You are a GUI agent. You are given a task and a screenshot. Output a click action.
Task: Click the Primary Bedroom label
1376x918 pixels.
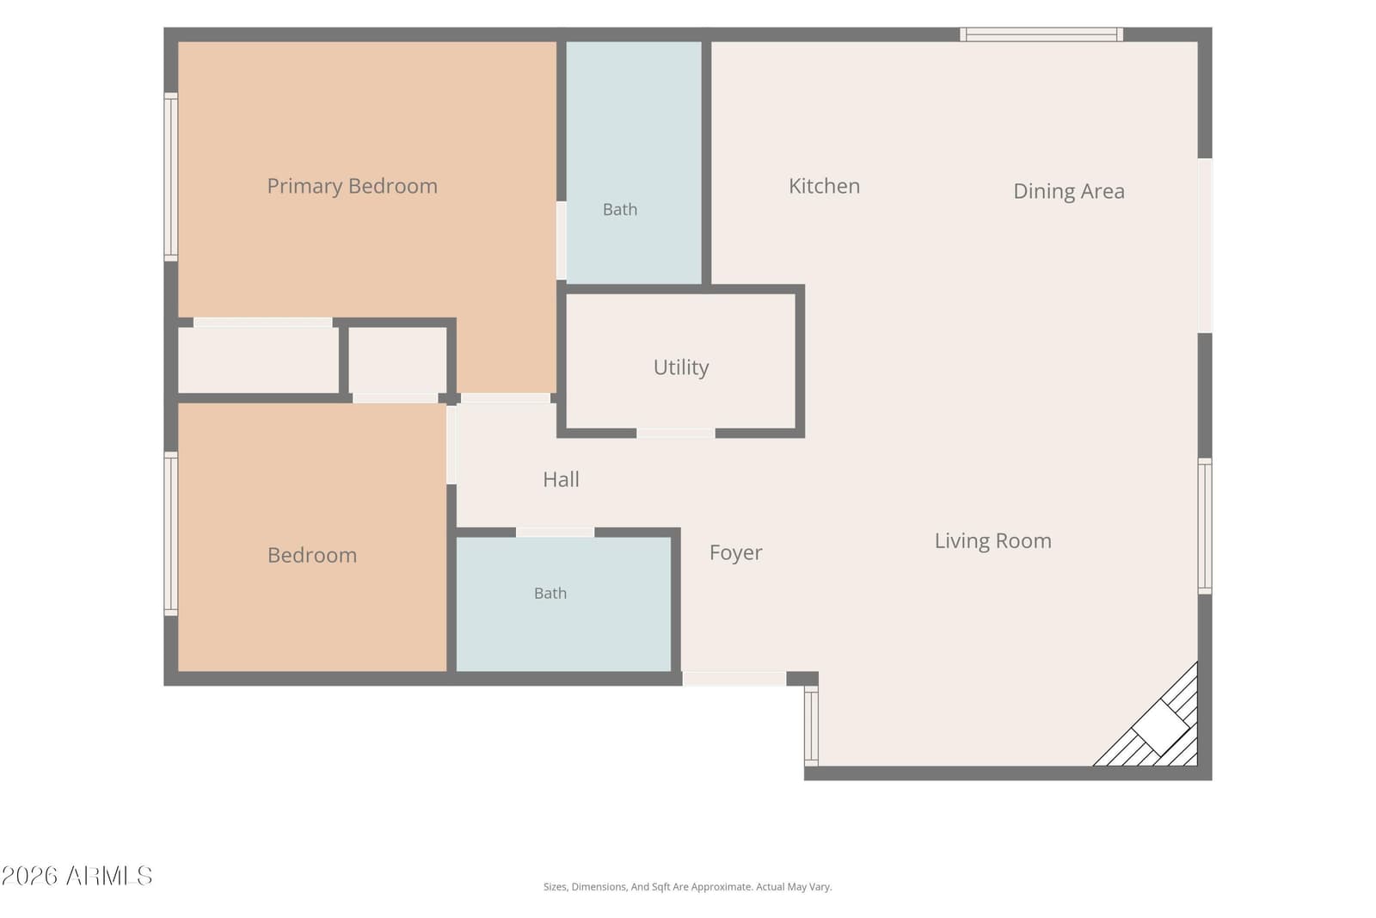pyautogui.click(x=352, y=186)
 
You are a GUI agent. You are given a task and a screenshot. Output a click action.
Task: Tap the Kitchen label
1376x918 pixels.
pyautogui.click(x=824, y=186)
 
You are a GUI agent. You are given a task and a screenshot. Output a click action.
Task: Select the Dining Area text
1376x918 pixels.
pyautogui.click(x=1069, y=191)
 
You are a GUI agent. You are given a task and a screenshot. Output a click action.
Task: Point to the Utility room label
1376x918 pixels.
pyautogui.click(x=680, y=367)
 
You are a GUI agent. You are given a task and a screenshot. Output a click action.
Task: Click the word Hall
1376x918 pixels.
pyautogui.click(x=561, y=479)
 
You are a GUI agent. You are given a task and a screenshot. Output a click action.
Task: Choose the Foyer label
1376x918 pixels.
pyautogui.click(x=735, y=552)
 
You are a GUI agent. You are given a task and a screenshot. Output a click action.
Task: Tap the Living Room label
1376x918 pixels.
pyautogui.click(x=992, y=540)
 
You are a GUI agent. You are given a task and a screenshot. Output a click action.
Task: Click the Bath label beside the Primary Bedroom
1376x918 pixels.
pyautogui.click(x=620, y=210)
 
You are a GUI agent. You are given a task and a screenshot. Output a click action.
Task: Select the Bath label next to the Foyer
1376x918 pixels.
pyautogui.click(x=550, y=593)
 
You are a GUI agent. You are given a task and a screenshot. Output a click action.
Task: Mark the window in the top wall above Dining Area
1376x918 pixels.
pyautogui.click(x=1041, y=34)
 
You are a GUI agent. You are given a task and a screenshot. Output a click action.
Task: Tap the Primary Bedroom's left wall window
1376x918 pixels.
pyautogui.click(x=171, y=177)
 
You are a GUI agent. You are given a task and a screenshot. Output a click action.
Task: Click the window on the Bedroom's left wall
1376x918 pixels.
pyautogui.click(x=171, y=533)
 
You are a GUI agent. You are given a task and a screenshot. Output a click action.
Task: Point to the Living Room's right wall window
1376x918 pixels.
pyautogui.click(x=1205, y=526)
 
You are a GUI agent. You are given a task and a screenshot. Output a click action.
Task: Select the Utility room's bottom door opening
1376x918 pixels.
pyautogui.click(x=676, y=434)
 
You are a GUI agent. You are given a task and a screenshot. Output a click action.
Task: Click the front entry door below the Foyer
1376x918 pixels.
pyautogui.click(x=734, y=678)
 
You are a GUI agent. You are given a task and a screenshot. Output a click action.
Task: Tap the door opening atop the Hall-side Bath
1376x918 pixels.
pyautogui.click(x=555, y=532)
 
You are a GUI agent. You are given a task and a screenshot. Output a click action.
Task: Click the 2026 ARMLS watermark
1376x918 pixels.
pyautogui.click(x=77, y=876)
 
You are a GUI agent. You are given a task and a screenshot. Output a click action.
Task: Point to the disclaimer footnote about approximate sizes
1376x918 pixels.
pyautogui.click(x=687, y=887)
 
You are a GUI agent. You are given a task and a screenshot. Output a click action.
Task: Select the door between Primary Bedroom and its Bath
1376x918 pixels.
pyautogui.click(x=562, y=241)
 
